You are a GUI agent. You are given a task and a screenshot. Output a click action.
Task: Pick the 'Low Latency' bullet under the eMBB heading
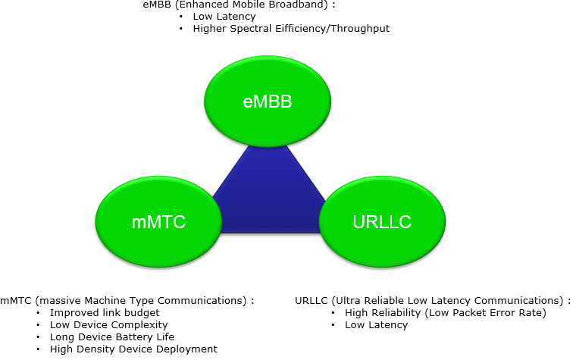click(224, 16)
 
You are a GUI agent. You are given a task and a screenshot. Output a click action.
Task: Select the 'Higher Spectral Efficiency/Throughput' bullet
click(291, 29)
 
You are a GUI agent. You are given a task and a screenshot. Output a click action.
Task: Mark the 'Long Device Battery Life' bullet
click(112, 337)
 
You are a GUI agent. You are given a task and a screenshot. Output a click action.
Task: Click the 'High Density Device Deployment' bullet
click(133, 349)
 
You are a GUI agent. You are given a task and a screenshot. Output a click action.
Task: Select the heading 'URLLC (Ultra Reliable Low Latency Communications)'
click(432, 300)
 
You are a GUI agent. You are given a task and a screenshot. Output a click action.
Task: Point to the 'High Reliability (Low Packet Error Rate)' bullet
click(445, 312)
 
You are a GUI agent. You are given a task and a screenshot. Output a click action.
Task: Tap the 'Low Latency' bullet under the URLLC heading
click(376, 324)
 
